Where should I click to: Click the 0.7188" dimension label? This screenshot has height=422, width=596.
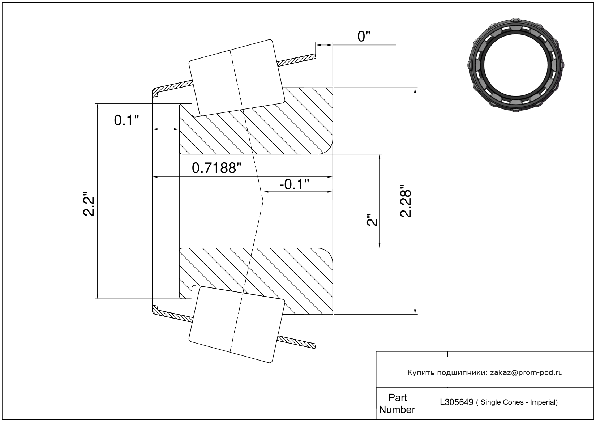tap(216, 168)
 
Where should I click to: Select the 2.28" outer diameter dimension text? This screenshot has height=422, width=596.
tap(406, 201)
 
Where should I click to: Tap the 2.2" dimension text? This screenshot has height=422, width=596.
tap(89, 204)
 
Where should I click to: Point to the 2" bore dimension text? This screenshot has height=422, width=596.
tap(372, 220)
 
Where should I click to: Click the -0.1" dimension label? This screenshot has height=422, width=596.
tap(294, 184)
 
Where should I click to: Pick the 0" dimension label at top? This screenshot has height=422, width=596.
tap(364, 37)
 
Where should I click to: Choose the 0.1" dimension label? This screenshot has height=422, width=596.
tap(126, 120)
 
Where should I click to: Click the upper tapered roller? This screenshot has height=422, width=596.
tap(237, 78)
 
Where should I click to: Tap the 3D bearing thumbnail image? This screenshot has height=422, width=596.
tap(516, 64)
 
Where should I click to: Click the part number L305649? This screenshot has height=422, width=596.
tap(456, 402)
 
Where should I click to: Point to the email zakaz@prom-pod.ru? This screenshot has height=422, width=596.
tap(526, 372)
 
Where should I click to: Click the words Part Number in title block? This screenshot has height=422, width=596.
tap(397, 404)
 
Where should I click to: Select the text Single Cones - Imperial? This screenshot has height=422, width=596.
tap(519, 402)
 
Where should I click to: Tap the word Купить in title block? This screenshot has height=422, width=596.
tap(421, 372)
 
